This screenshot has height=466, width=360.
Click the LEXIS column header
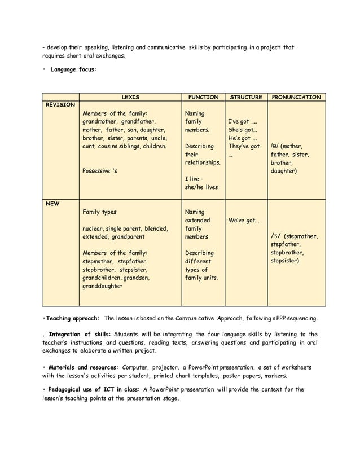[x=130, y=97]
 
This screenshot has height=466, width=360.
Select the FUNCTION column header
[x=203, y=97]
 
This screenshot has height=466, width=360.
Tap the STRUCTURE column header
[x=246, y=97]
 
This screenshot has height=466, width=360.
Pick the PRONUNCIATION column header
[x=296, y=97]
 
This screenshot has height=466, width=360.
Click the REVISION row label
[x=60, y=105]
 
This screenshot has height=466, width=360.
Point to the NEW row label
[x=52, y=204]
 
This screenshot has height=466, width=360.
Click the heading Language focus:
[x=73, y=70]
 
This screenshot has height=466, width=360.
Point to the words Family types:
[x=100, y=212]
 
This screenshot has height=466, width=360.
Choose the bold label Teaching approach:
[x=72, y=318]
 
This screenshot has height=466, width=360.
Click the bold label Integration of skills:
[x=80, y=334]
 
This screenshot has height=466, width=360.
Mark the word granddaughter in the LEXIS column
[x=102, y=286]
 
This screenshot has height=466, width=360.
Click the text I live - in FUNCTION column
[x=195, y=178]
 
